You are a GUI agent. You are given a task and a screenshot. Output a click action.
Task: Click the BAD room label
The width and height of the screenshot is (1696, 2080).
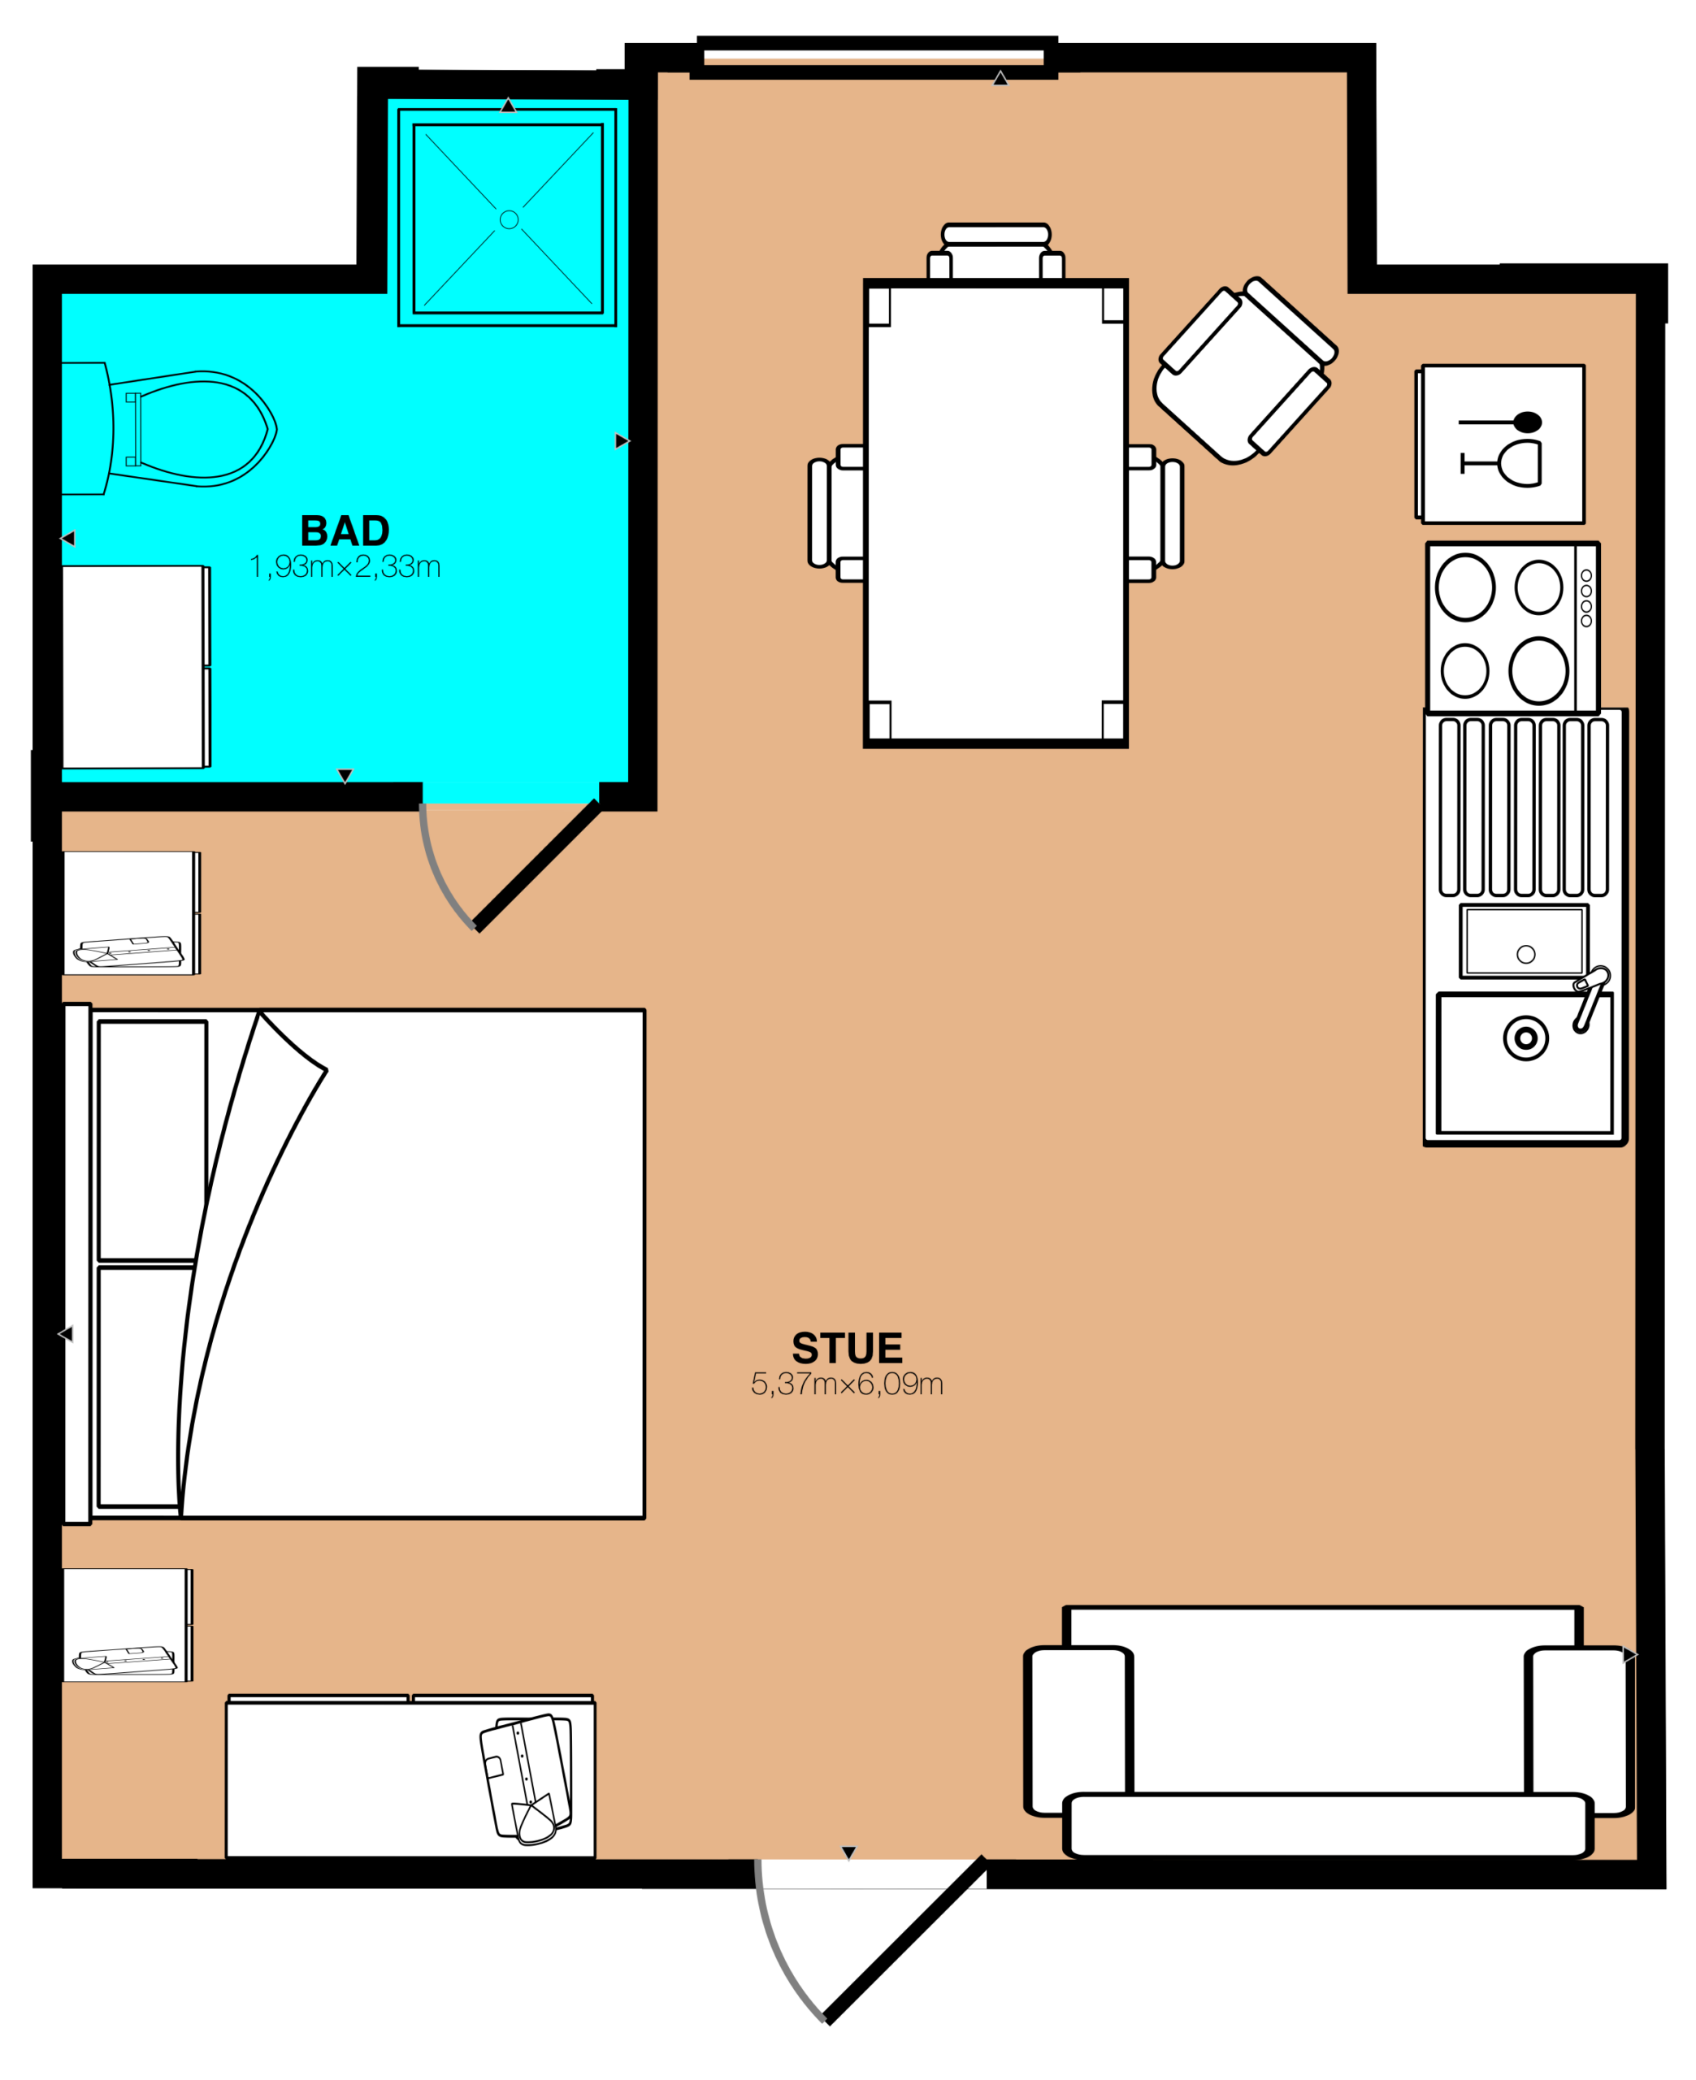click(x=345, y=531)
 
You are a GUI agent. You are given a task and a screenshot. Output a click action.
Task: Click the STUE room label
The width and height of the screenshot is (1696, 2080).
click(x=847, y=1349)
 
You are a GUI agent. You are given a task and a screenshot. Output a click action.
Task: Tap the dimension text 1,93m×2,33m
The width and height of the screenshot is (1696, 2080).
click(x=345, y=567)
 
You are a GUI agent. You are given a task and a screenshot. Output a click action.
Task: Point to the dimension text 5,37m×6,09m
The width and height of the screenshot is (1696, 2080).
click(x=847, y=1384)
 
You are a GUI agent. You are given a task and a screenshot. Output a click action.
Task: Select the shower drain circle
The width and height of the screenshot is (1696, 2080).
click(x=509, y=219)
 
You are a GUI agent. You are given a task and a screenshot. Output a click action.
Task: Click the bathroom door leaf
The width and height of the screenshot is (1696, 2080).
click(x=537, y=865)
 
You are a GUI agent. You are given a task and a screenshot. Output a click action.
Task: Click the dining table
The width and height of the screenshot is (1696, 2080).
click(x=995, y=513)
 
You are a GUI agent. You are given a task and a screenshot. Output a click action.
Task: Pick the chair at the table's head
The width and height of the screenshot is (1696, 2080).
click(x=995, y=251)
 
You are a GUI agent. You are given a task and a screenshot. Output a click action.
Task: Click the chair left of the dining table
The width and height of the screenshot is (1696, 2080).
click(x=836, y=513)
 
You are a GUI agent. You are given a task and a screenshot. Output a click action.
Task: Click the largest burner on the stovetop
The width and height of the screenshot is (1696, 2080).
click(x=1538, y=671)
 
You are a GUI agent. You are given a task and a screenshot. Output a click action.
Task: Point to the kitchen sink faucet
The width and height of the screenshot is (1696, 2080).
click(x=1590, y=998)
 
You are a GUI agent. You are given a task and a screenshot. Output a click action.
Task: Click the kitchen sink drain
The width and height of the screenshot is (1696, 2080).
click(x=1526, y=1038)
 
